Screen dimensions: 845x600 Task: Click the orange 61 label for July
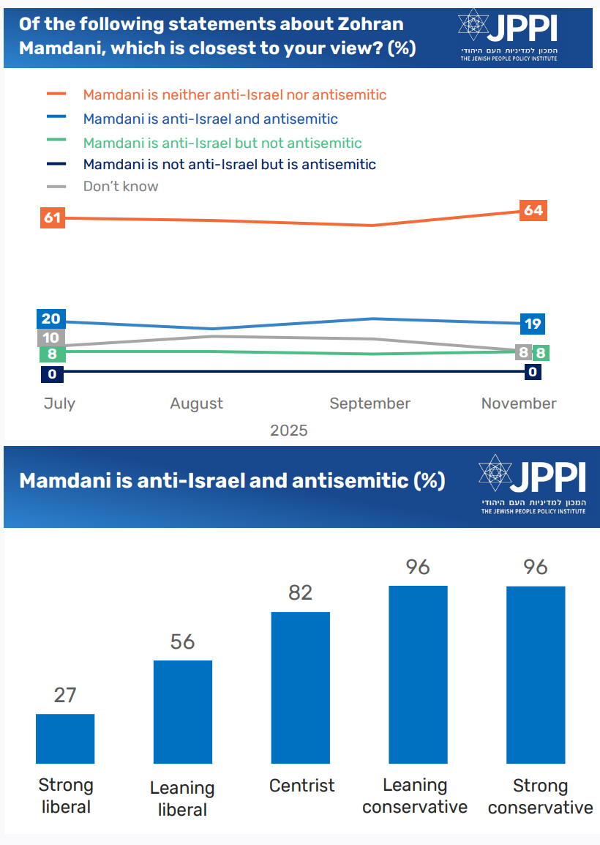pos(53,217)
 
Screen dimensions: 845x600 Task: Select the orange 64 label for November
pos(533,211)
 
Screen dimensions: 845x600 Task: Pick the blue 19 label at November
pos(533,323)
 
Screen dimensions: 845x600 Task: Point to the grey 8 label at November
pos(524,352)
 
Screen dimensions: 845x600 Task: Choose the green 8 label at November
pos(541,352)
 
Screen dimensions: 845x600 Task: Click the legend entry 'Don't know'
pos(120,186)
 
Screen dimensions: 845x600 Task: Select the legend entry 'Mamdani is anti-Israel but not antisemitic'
pos(222,143)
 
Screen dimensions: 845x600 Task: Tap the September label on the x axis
pos(370,403)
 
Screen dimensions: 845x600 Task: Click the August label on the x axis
pos(196,403)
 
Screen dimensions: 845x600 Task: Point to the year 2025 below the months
pos(288,430)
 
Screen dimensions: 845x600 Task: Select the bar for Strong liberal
pos(65,739)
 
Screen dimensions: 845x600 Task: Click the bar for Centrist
pos(301,688)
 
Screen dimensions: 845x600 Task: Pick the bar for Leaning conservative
pos(418,674)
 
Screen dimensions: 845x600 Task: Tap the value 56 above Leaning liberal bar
pos(182,641)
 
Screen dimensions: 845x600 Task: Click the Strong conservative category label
pos(540,796)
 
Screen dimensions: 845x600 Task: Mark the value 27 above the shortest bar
pos(65,695)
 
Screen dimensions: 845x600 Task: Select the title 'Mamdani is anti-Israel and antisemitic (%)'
pos(232,481)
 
